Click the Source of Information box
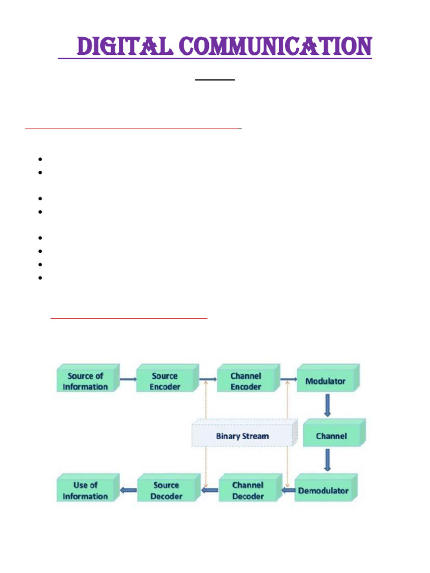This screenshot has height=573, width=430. point(86,381)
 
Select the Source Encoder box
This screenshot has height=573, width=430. point(165,381)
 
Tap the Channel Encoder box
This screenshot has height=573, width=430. point(245,381)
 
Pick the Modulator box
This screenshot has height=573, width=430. point(326,381)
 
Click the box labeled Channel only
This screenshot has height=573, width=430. point(331,436)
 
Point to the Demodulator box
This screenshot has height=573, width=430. point(323,491)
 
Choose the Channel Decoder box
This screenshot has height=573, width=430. point(247,491)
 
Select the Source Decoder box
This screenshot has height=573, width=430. point(167,491)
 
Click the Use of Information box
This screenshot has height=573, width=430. point(86,491)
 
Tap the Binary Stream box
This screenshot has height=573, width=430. point(242,436)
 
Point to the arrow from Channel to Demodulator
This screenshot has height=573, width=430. point(328,461)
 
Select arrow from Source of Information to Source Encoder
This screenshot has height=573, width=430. point(128,379)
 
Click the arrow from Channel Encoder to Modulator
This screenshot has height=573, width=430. point(288,379)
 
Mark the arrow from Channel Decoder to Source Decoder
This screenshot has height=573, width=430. point(210,491)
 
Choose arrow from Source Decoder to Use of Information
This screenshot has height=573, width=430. point(128,491)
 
